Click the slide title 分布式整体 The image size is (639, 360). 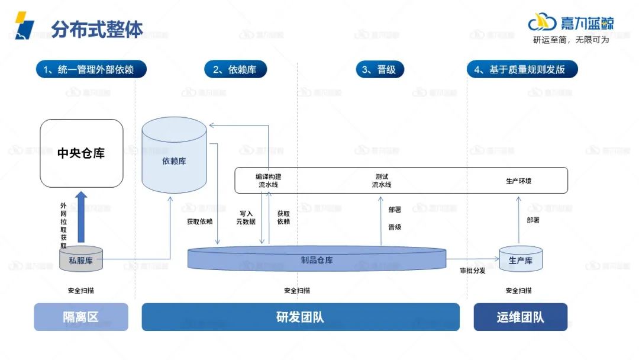(97, 29)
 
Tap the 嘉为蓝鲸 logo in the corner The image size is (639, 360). (571, 23)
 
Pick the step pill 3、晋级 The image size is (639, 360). (379, 69)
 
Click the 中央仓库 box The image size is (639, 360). (81, 153)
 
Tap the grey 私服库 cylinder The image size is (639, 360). (81, 260)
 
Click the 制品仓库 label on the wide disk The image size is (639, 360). (317, 260)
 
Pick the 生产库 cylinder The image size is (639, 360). (521, 260)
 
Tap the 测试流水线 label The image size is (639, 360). (382, 181)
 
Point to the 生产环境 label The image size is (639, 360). (518, 181)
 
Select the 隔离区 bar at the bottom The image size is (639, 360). (81, 317)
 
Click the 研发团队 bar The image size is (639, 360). (301, 317)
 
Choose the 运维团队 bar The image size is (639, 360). (520, 317)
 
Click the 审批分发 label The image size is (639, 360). (473, 271)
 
